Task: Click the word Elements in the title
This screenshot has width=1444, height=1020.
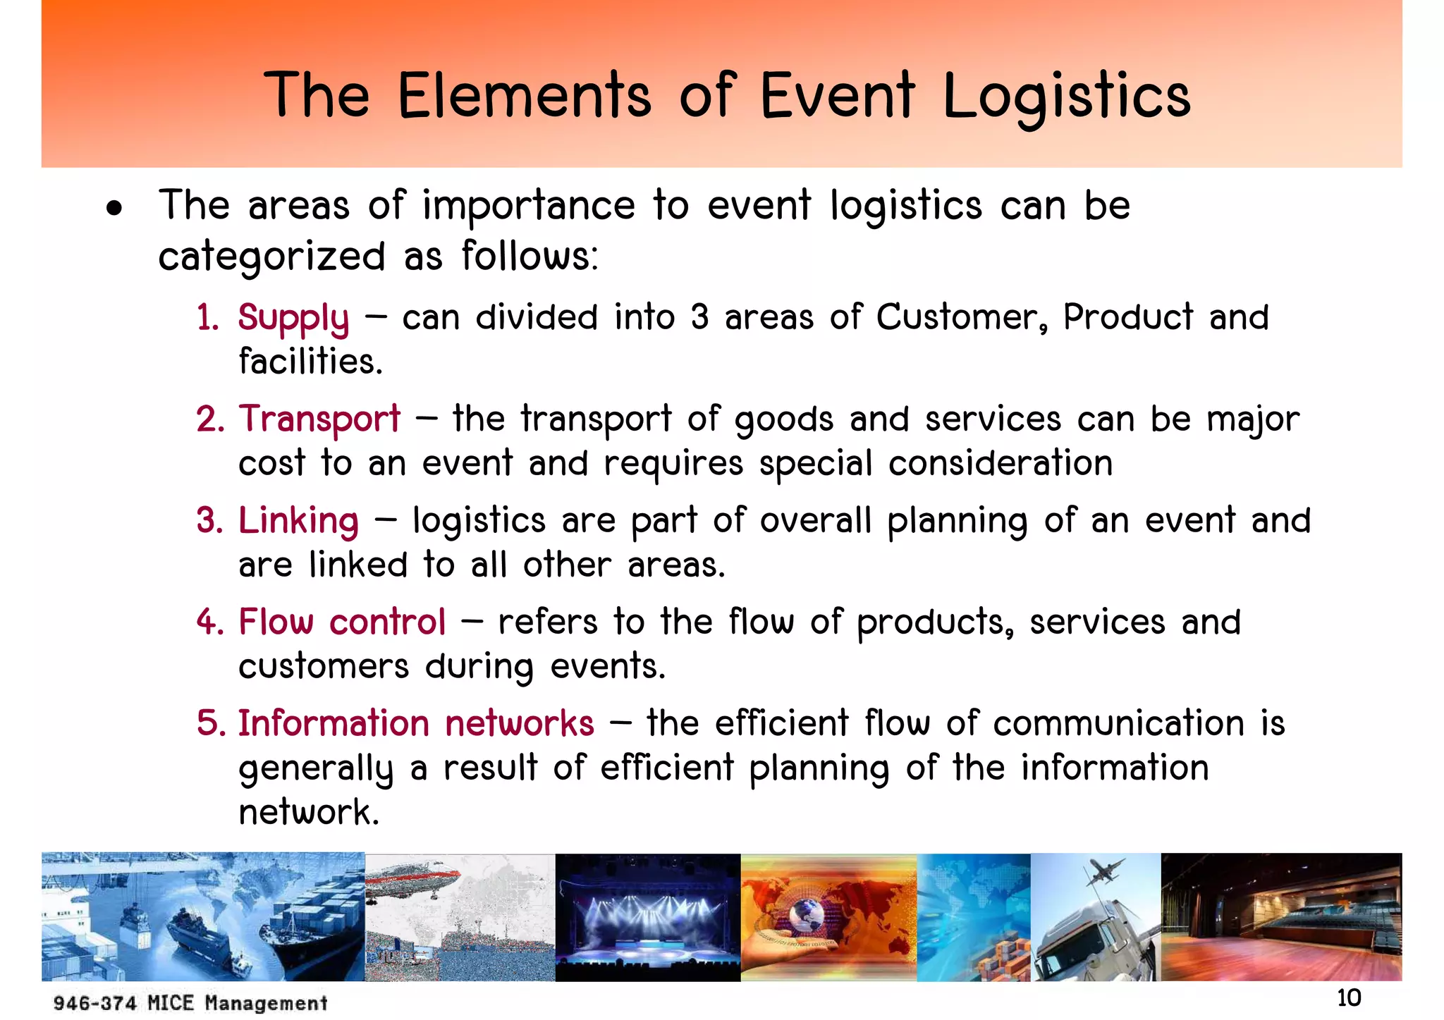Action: pos(524,96)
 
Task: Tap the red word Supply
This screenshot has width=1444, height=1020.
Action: pos(293,319)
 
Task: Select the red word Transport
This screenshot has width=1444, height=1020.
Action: pos(319,419)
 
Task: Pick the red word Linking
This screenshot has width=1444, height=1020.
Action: pos(298,522)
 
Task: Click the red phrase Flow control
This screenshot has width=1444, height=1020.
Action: pos(342,622)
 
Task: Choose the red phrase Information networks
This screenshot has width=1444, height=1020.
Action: pos(416,724)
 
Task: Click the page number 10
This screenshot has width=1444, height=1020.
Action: pos(1348,998)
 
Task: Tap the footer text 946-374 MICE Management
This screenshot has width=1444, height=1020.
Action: pos(190,1003)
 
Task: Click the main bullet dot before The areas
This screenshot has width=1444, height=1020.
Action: pos(114,209)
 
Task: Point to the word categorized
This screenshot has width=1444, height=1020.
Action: pos(271,257)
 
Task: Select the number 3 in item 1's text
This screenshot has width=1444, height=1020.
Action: pos(699,317)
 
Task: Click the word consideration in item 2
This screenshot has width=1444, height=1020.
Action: pos(1000,464)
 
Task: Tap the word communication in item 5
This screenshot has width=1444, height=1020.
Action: pos(1118,724)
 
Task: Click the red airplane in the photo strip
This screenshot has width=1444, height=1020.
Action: pos(412,881)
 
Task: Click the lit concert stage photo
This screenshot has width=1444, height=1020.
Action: pos(647,916)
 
